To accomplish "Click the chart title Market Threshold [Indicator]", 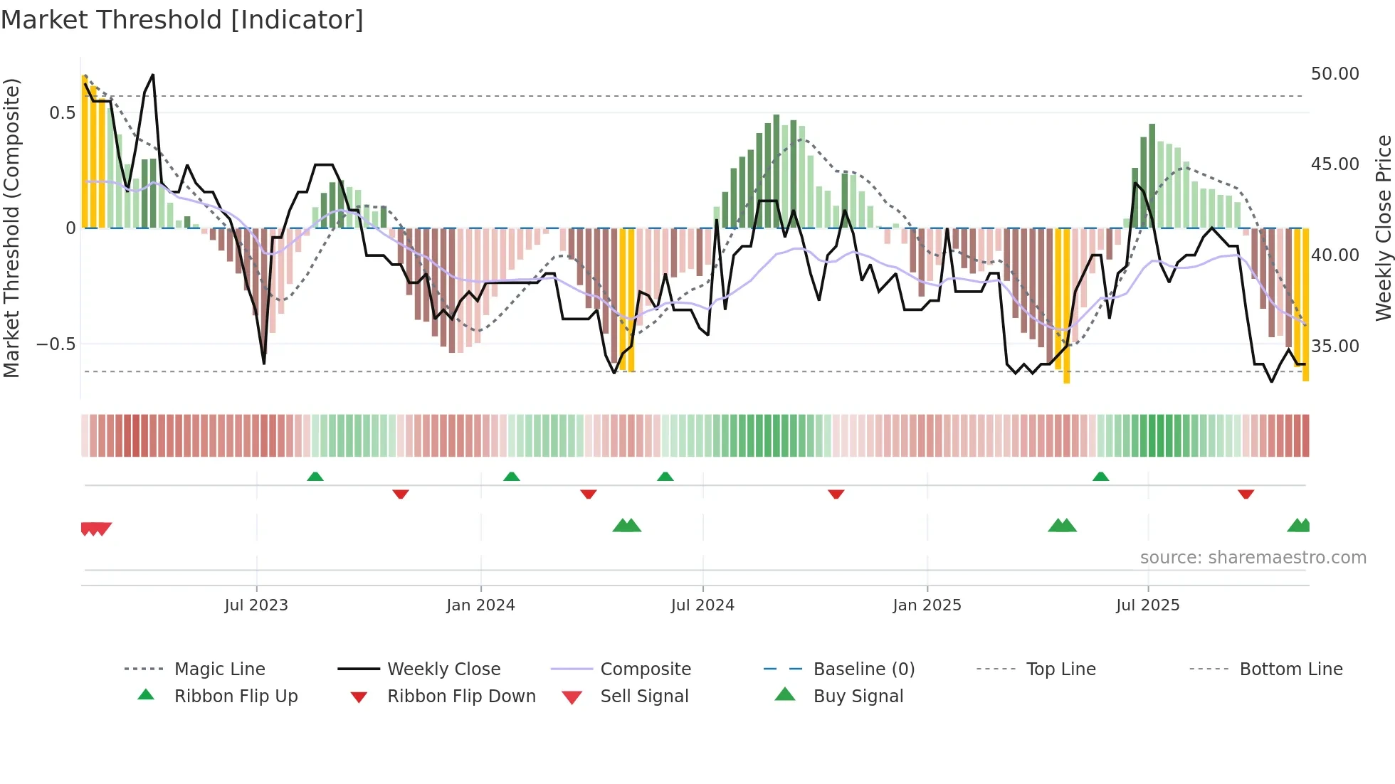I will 182,20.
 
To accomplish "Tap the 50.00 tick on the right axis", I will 1335,74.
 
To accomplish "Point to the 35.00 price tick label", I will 1335,346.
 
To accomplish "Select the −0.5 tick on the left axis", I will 56,344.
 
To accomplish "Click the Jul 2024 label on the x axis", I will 702,605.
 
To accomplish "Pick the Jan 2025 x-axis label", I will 927,605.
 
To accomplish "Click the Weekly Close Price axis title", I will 1383,228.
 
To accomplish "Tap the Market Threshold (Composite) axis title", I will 11,228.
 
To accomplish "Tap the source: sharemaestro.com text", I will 1253,558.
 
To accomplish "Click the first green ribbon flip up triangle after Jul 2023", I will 315,477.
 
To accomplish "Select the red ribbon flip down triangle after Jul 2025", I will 1246,494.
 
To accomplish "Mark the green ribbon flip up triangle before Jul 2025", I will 1100,477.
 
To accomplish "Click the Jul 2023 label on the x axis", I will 256,605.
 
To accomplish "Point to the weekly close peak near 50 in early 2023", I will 152,75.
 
